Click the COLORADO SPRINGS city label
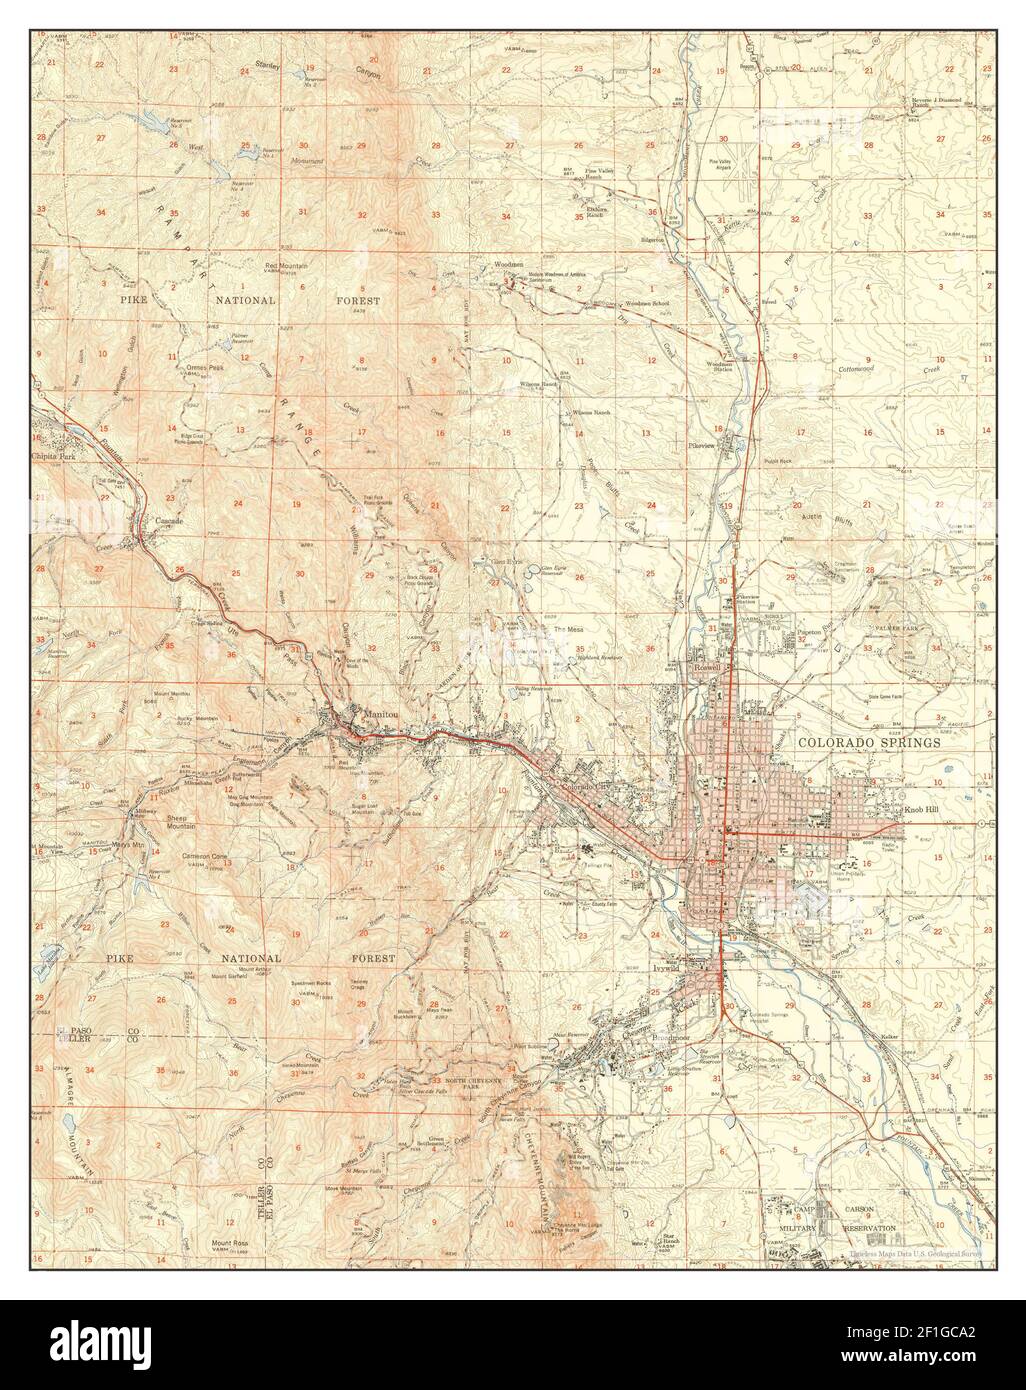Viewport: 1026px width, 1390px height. click(869, 743)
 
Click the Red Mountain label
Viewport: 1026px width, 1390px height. click(286, 265)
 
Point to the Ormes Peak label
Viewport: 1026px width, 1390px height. click(204, 367)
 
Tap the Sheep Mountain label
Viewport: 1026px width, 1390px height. click(181, 824)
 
